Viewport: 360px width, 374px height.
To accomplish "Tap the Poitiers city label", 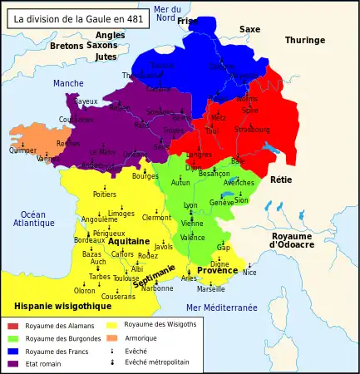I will (105, 194).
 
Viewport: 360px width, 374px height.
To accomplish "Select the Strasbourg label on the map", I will (252, 130).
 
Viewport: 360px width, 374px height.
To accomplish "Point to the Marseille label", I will (210, 289).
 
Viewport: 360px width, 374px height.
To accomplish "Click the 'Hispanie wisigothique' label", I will (57, 306).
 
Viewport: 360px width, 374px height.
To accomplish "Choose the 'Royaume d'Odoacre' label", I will (292, 240).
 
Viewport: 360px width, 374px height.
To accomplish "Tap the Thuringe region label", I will (305, 40).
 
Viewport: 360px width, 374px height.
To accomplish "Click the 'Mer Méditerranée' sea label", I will (222, 308).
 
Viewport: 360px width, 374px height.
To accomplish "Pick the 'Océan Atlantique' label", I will (34, 219).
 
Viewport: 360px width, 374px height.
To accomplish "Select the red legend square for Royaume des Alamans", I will (12, 326).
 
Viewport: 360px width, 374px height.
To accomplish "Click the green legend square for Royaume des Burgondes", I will (12, 338).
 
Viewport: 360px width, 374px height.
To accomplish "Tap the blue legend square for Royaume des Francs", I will (12, 351).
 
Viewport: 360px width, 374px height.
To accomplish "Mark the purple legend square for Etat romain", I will (12, 363).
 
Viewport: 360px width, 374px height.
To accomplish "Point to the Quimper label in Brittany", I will (22, 150).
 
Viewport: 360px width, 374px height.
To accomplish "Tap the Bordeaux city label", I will (89, 240).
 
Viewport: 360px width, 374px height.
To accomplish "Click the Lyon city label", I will (190, 204).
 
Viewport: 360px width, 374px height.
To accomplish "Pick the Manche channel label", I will (68, 83).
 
